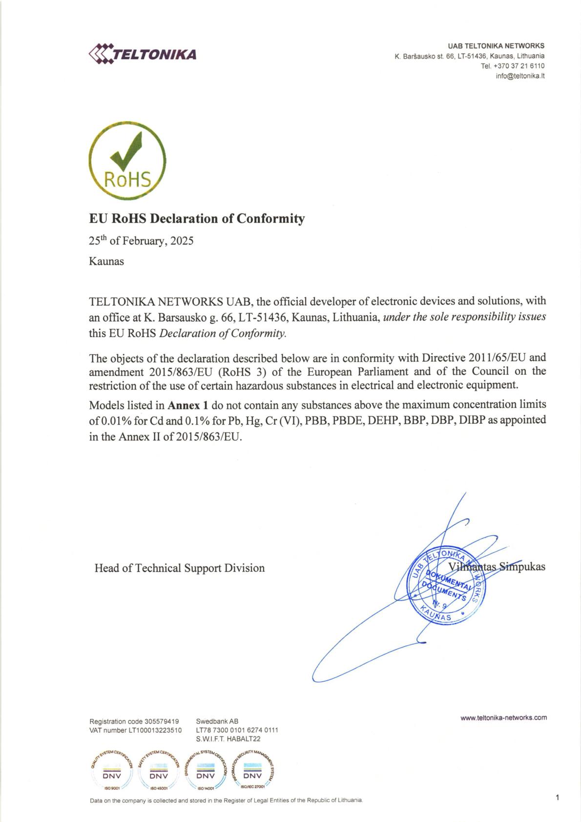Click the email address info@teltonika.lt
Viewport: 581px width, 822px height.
520,76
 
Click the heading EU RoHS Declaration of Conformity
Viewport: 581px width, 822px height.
197,218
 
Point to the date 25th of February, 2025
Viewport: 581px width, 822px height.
141,241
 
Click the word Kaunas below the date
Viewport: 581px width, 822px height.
106,261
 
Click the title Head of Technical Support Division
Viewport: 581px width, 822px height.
180,568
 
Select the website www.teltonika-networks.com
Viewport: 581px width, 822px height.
503,718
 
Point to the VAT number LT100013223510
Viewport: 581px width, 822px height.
155,730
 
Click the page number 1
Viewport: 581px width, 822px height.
557,798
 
